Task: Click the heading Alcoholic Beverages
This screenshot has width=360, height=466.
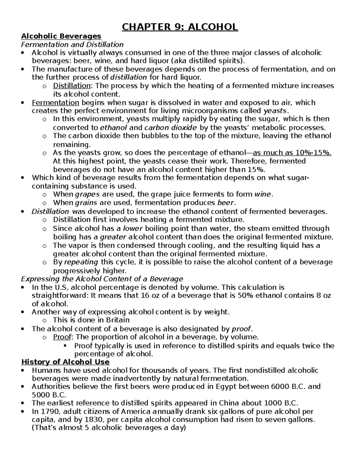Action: [x=61, y=36]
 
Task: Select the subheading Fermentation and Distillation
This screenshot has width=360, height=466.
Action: [x=72, y=45]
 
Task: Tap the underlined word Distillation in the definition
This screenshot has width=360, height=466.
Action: [x=72, y=86]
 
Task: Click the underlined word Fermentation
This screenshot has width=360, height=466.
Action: [x=55, y=103]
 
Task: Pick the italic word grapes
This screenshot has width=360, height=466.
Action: [x=87, y=194]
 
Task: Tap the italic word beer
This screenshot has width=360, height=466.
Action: [x=225, y=203]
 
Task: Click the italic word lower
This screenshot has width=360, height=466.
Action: [x=133, y=228]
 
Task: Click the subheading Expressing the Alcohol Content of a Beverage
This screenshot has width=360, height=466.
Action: [x=102, y=279]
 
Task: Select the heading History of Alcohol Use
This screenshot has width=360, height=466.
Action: [x=65, y=362]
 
